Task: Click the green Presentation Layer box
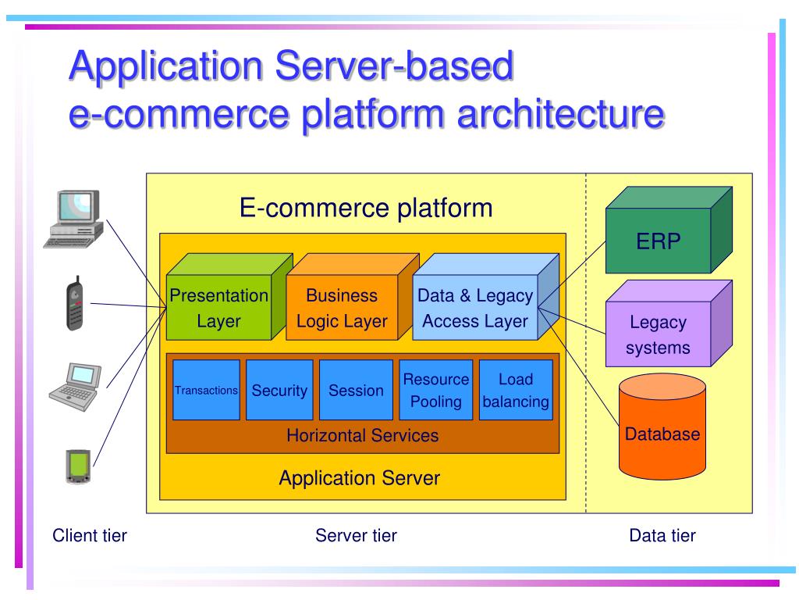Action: [218, 308]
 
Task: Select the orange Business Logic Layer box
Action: [342, 308]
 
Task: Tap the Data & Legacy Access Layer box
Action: [475, 308]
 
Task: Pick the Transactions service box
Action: [206, 390]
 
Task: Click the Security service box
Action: [279, 390]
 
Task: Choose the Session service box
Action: [356, 390]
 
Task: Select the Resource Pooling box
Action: [435, 390]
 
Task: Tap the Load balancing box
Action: [515, 390]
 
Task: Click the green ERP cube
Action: [659, 240]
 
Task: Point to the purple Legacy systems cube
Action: [658, 334]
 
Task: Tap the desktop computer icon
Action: [74, 219]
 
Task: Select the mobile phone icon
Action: [74, 305]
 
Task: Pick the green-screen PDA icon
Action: [76, 466]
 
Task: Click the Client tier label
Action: [90, 535]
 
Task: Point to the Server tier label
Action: [356, 535]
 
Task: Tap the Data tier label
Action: [662, 535]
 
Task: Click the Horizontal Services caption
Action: [362, 435]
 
